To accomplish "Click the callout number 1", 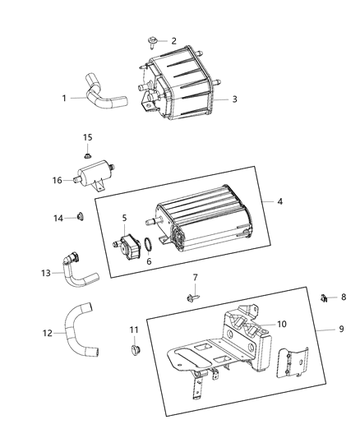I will coord(64,97).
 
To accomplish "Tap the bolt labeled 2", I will coord(154,40).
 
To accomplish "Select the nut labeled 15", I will coord(87,153).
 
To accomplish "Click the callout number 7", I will coord(196,277).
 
